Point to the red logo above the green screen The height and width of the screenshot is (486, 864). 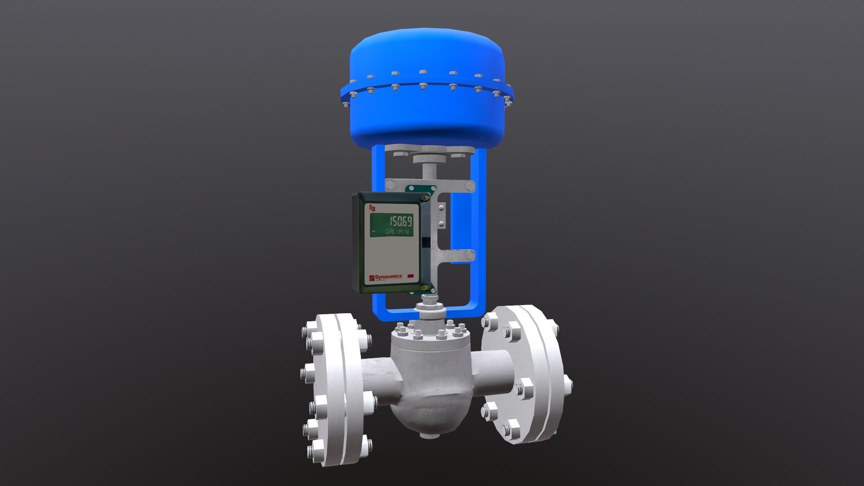click(x=372, y=207)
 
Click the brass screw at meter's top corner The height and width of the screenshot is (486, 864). click(x=425, y=197)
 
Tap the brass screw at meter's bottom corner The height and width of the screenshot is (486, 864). click(x=425, y=288)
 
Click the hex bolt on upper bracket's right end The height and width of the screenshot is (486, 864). click(x=471, y=186)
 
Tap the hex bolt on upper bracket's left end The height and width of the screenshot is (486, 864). click(x=391, y=185)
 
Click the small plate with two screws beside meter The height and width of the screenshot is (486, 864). click(x=441, y=216)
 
